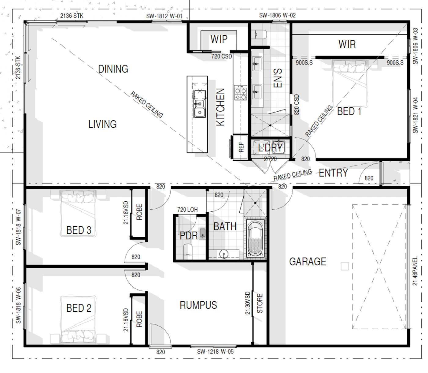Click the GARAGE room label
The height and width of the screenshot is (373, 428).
[x=308, y=262]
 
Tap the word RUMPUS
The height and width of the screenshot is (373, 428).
[x=198, y=305]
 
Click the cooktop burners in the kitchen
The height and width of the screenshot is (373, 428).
[x=241, y=92]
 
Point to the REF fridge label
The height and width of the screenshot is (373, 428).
[x=241, y=147]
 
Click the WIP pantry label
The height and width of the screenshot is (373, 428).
[x=219, y=39]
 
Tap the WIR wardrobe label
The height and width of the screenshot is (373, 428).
[x=347, y=44]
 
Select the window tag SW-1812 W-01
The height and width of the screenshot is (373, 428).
[x=164, y=16]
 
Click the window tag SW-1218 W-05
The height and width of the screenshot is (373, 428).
[x=215, y=352]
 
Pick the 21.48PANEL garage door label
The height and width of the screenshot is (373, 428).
[x=415, y=271]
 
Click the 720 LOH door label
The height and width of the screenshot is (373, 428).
[x=187, y=210]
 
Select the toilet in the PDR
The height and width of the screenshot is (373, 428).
[x=188, y=251]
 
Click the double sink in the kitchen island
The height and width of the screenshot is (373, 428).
[x=200, y=104]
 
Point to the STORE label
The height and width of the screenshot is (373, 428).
[x=260, y=303]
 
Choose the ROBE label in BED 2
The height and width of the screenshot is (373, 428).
[x=139, y=319]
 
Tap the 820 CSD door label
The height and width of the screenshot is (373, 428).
[x=297, y=104]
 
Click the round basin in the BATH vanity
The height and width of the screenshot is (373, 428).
[x=223, y=254]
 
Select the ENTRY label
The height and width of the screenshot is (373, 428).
[x=333, y=173]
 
